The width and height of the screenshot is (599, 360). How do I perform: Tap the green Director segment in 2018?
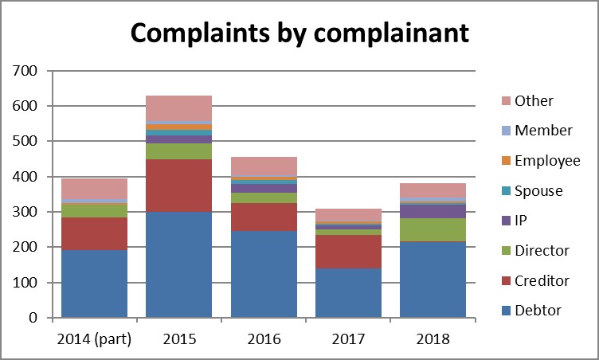point(433,229)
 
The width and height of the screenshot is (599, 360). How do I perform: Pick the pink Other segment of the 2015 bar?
point(178,108)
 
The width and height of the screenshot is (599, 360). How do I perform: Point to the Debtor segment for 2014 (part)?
point(94,284)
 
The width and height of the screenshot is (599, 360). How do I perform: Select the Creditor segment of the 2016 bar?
point(263,217)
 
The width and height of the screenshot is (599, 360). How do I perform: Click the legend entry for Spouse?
point(538,191)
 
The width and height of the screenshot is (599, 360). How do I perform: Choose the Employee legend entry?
point(546,161)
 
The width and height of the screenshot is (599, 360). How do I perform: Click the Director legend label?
point(542,251)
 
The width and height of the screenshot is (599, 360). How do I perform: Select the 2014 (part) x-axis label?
point(94,338)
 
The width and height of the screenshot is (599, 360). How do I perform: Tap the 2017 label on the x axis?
point(347,338)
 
